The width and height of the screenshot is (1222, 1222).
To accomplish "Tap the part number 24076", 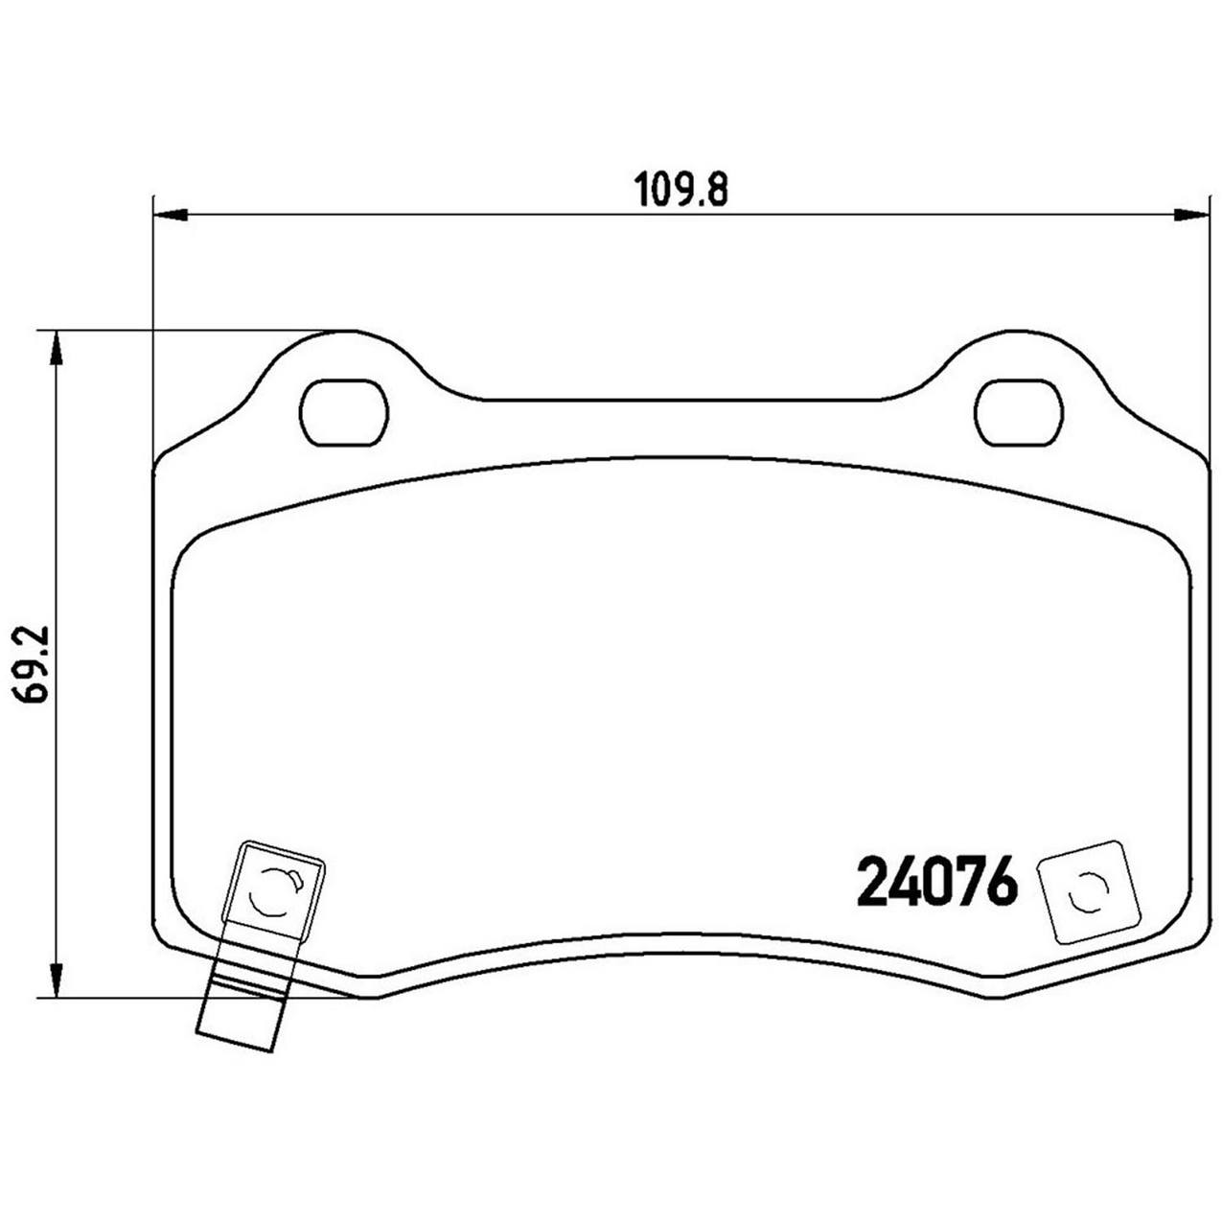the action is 935,883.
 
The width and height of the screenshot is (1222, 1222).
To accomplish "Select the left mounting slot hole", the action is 344,413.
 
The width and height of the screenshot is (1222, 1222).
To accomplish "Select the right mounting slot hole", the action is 1019,413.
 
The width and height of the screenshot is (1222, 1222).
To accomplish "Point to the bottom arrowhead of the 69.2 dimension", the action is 58,981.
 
